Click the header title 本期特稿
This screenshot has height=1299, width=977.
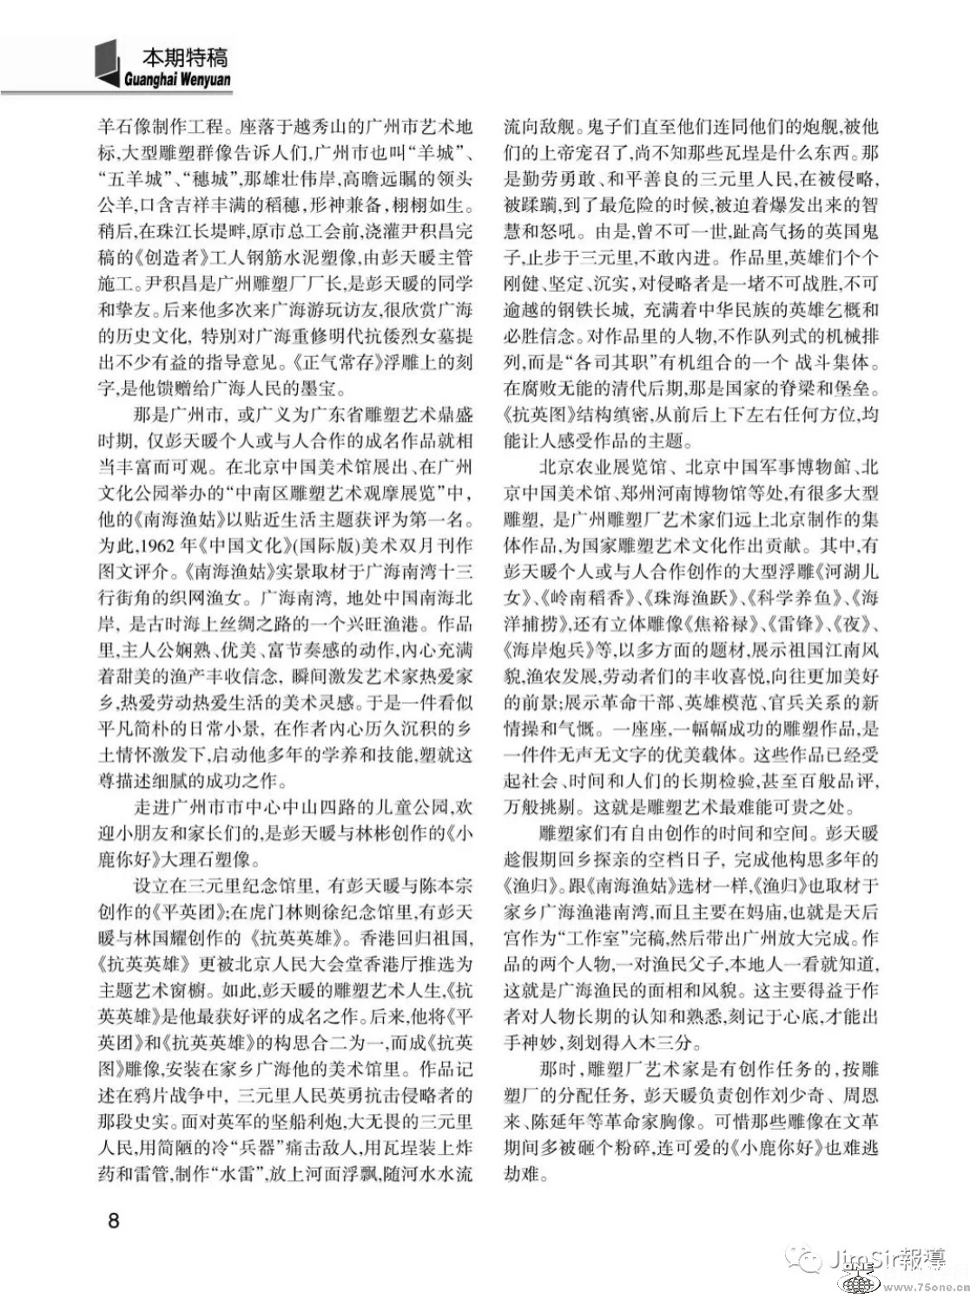click(184, 57)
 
